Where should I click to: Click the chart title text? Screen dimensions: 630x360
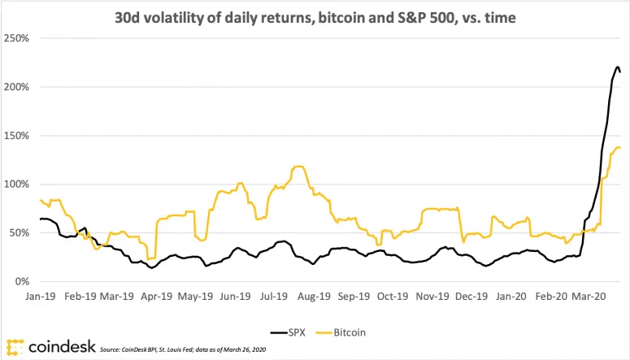tap(315, 18)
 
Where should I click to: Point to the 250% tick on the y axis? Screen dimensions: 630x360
tap(16, 38)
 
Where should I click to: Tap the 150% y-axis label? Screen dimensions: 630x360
tap(16, 136)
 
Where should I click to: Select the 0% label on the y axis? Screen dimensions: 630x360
tap(23, 282)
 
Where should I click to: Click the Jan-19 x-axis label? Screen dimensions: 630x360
tap(40, 297)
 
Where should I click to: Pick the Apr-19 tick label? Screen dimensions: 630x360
tap(157, 297)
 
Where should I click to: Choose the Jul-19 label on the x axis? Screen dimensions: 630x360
tap(274, 297)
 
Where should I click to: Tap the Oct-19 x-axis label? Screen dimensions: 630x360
tap(393, 297)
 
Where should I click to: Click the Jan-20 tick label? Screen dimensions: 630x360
tap(511, 297)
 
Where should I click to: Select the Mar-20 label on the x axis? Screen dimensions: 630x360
tap(589, 297)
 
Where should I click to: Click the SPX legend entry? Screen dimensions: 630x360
tap(288, 332)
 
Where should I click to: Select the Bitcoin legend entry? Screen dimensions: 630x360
tap(341, 332)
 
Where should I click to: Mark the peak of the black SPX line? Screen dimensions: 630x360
tap(617, 67)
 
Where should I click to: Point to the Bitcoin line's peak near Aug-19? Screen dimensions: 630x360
tap(298, 166)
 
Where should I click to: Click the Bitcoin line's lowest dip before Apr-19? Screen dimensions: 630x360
tap(149, 258)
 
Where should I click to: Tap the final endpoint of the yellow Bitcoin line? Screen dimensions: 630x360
tap(620, 148)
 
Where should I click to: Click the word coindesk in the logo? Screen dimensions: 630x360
tap(62, 346)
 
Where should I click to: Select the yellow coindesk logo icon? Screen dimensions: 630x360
tap(15, 348)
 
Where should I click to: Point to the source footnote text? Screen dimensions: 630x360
tap(183, 349)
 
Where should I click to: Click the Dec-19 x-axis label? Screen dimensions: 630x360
tap(471, 297)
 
